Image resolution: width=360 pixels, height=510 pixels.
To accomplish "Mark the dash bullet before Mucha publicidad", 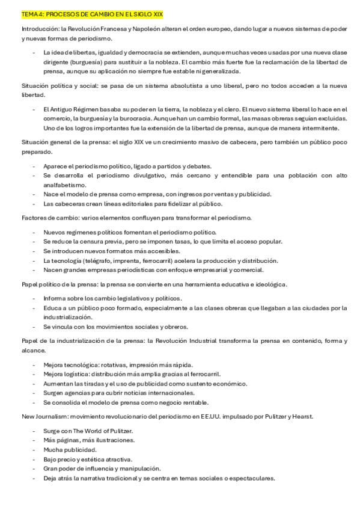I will (34, 449).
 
